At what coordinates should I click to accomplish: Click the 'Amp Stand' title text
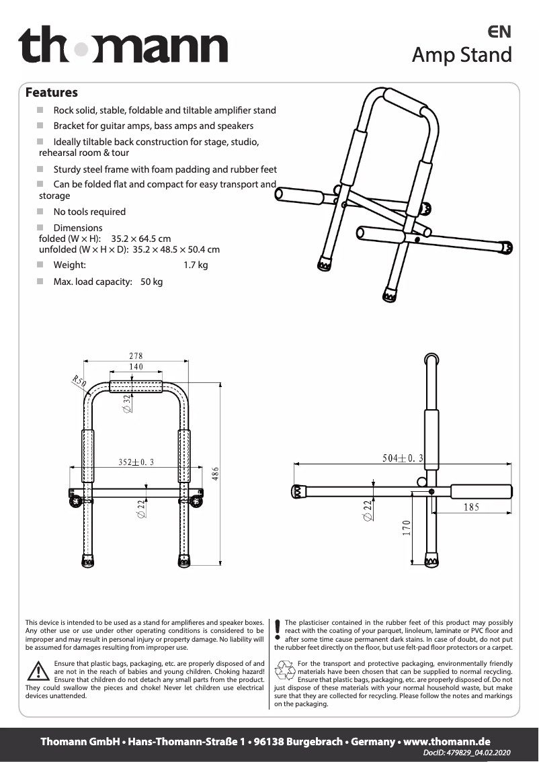coord(462,54)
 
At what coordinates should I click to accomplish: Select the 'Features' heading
coord(52,93)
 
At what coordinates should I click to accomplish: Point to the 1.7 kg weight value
coord(196,265)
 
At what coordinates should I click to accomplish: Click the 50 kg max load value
coord(151,282)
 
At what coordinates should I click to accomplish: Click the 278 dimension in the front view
coord(136,356)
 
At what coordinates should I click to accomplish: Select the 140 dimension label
coord(136,367)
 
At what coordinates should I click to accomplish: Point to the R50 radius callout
coord(79,382)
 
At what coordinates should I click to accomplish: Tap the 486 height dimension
coord(216,473)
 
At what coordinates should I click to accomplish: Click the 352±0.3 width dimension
coord(136,462)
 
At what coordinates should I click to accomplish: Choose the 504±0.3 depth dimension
coord(403,458)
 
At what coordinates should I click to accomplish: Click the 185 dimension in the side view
coord(471,507)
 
